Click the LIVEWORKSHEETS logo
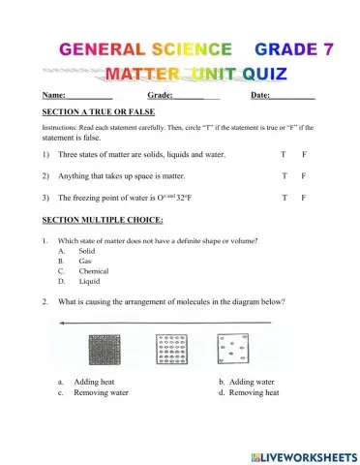tap(302, 454)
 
